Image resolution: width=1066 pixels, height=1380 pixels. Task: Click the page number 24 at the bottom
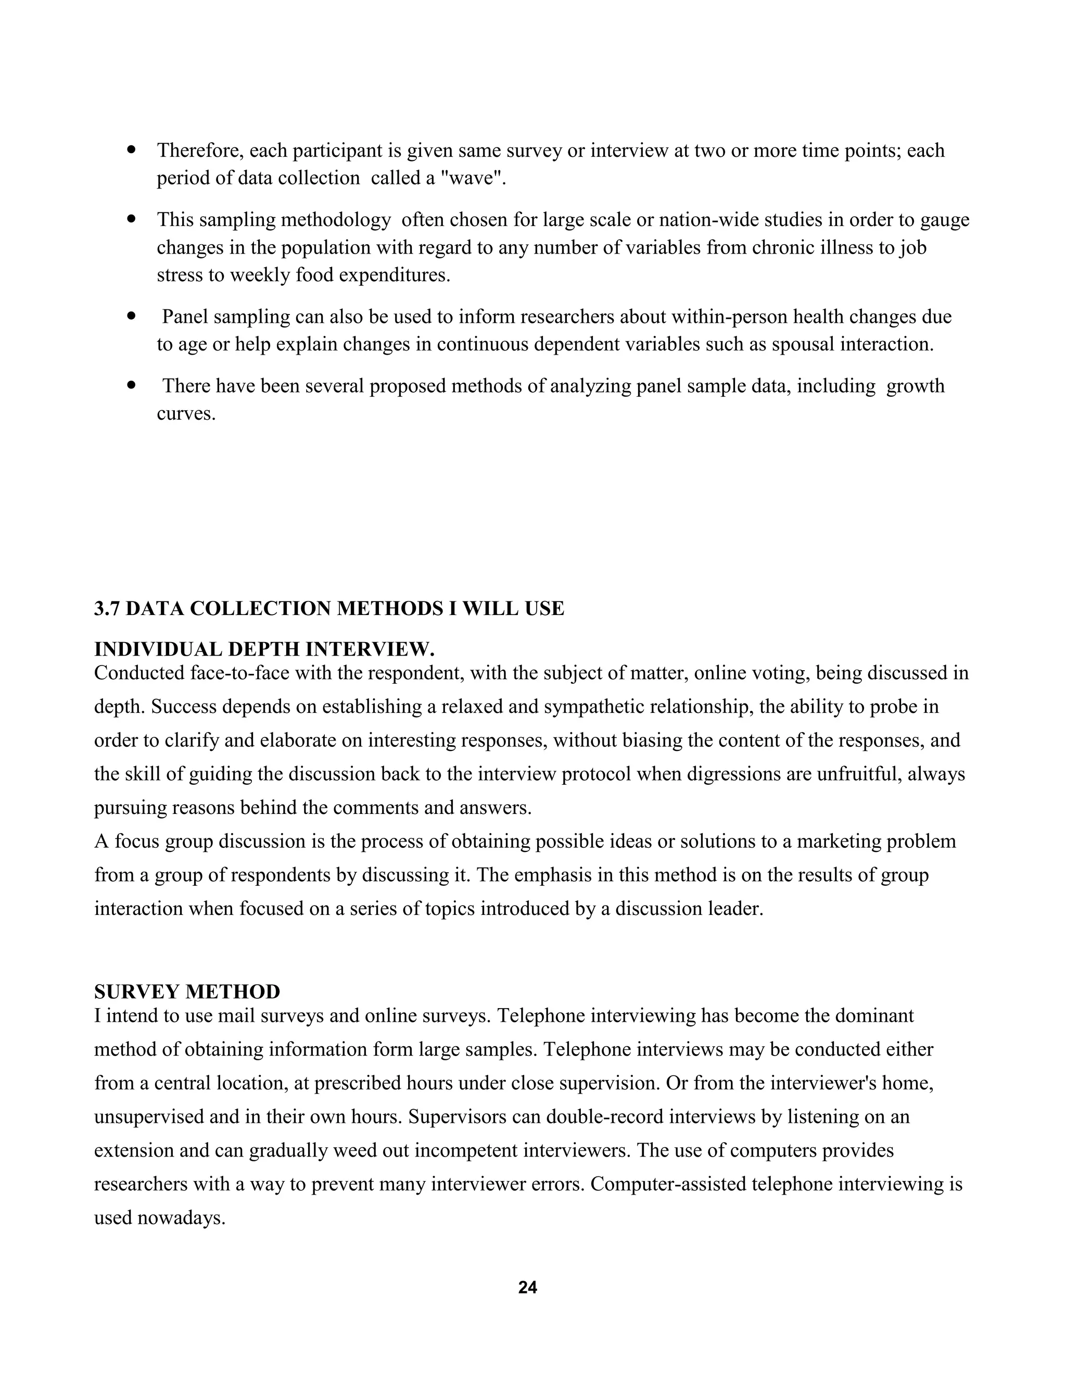click(527, 1287)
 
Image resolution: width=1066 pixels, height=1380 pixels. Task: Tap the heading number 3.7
click(107, 608)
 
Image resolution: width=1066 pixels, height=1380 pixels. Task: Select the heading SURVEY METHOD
click(187, 992)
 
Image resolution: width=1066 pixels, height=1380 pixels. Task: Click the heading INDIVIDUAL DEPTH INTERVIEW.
click(264, 649)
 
